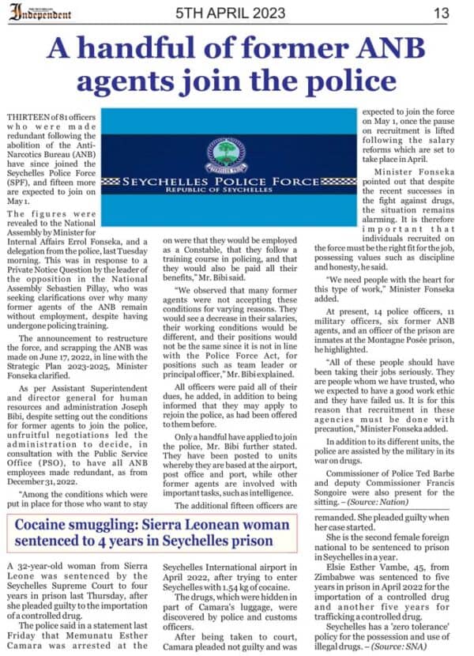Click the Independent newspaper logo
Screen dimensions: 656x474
point(39,13)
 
